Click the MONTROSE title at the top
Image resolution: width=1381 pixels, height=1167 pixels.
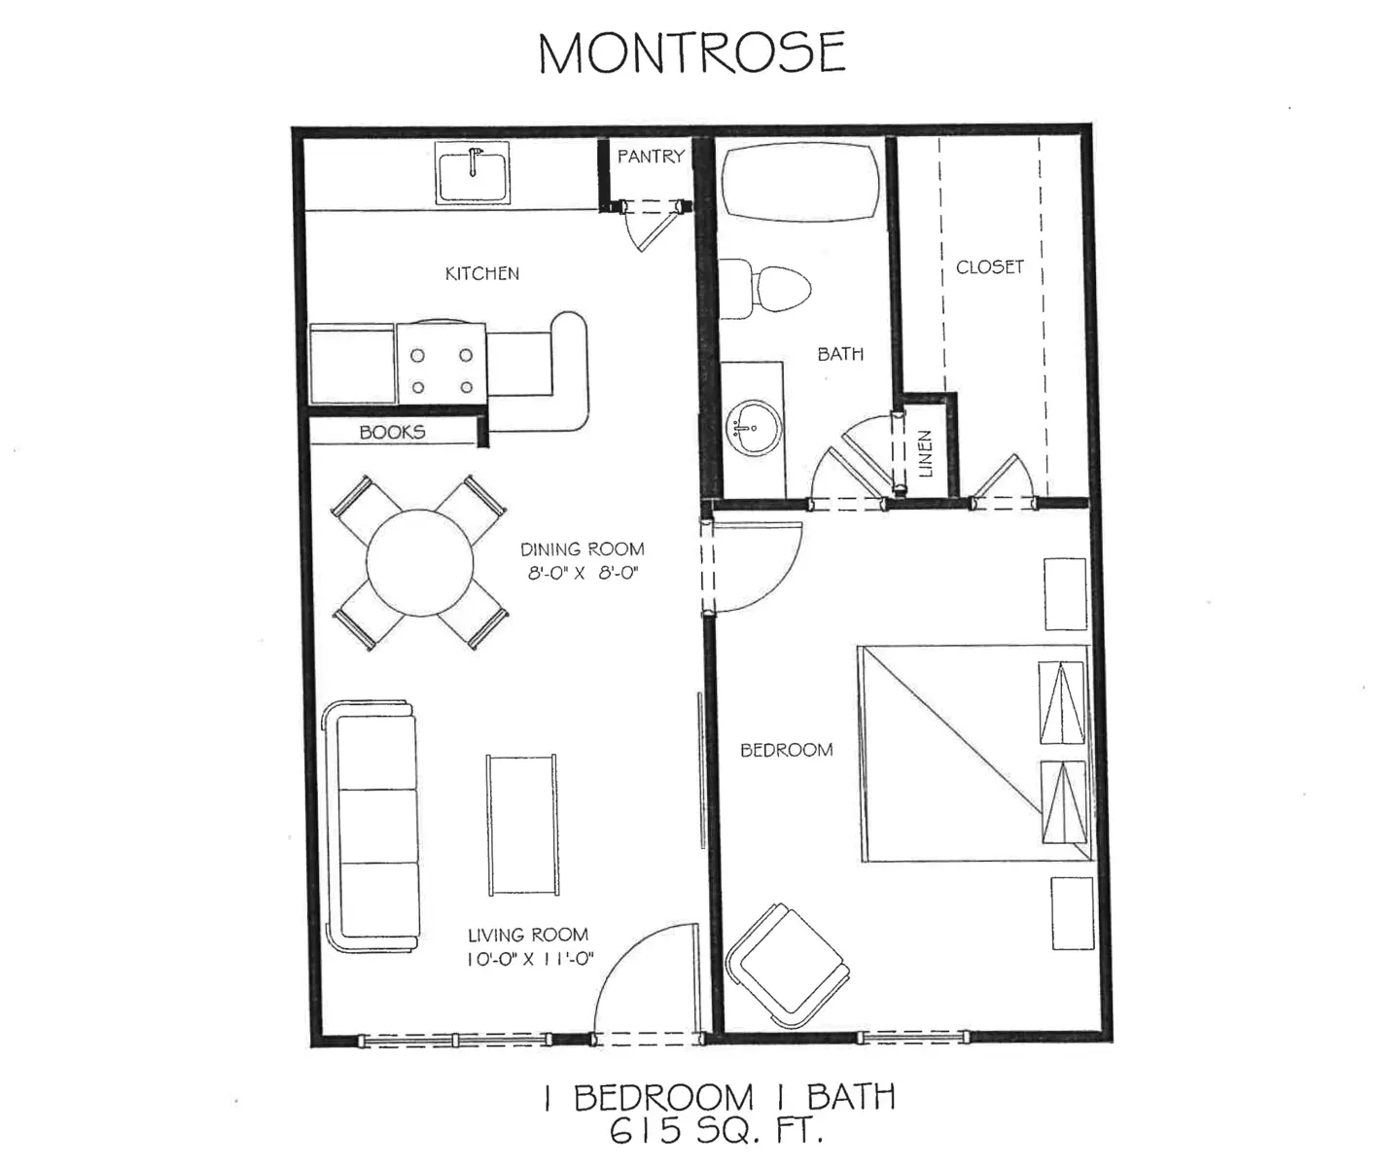(691, 53)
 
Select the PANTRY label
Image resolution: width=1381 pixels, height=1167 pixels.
(651, 156)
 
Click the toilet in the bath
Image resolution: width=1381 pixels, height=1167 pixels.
(768, 288)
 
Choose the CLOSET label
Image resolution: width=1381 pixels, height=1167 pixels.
(989, 266)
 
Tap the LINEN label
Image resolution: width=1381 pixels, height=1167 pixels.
(925, 453)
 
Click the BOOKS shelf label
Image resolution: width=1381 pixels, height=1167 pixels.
(392, 432)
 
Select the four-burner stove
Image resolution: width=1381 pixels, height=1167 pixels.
(442, 363)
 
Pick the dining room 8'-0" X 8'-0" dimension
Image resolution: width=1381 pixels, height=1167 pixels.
(582, 573)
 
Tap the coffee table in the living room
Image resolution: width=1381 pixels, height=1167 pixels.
(522, 825)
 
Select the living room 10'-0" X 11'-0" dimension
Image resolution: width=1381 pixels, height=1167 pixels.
(530, 959)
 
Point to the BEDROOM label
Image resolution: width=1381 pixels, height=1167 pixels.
(786, 750)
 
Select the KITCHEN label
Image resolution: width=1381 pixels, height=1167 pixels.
(481, 273)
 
